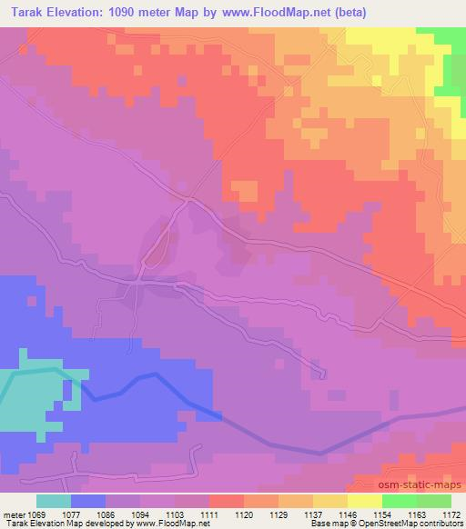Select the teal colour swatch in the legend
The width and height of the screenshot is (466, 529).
pos(54,501)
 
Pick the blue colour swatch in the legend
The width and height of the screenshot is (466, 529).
pos(88,501)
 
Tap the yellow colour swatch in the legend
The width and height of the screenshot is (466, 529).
pos(364,501)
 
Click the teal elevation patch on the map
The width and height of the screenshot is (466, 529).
pos(27,400)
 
